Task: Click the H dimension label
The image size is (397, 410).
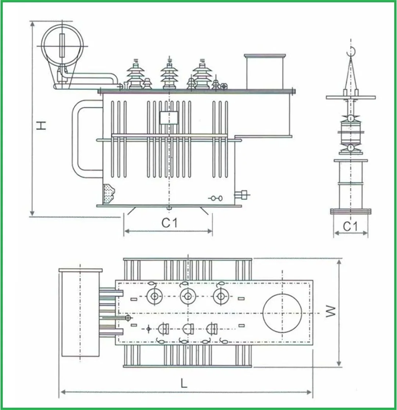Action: point(42,125)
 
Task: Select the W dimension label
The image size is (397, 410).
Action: point(331,312)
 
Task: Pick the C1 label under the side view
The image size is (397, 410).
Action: point(350,227)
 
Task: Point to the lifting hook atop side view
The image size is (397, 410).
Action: point(351,52)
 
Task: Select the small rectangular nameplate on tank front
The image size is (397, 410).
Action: point(169,118)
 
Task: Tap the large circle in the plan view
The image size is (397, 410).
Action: point(282,313)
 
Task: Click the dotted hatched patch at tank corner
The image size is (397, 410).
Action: point(109,193)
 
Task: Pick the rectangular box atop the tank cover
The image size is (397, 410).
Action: point(265,72)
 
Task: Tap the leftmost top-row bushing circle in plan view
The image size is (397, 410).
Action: point(154,296)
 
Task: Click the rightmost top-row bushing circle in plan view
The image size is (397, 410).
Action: point(220,296)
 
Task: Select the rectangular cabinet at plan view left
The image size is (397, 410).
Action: point(80,313)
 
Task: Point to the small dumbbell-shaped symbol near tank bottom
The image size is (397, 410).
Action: point(215,198)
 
